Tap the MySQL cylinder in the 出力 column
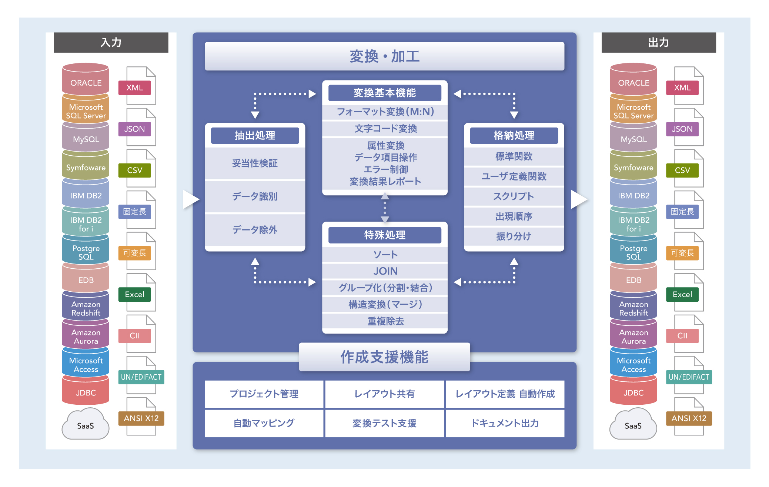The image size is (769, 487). [633, 139]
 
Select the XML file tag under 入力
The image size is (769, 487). [134, 88]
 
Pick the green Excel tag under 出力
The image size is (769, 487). [682, 295]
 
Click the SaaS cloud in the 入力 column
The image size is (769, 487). [86, 425]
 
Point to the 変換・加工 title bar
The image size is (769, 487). [384, 56]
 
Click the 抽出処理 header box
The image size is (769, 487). [255, 136]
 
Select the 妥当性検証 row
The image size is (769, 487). [255, 163]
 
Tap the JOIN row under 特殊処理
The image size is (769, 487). [385, 271]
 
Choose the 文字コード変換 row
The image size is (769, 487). [385, 129]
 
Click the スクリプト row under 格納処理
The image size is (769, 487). [514, 196]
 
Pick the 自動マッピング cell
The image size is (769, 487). [264, 423]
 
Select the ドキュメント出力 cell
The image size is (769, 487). [505, 423]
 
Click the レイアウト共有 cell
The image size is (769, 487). [384, 394]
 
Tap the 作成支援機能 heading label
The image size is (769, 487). [384, 357]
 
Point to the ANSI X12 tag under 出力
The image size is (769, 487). [689, 418]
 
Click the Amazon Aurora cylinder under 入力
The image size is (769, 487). [86, 337]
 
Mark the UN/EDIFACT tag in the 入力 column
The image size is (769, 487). [141, 377]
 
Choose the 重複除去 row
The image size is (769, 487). [385, 321]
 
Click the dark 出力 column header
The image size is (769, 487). [658, 43]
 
